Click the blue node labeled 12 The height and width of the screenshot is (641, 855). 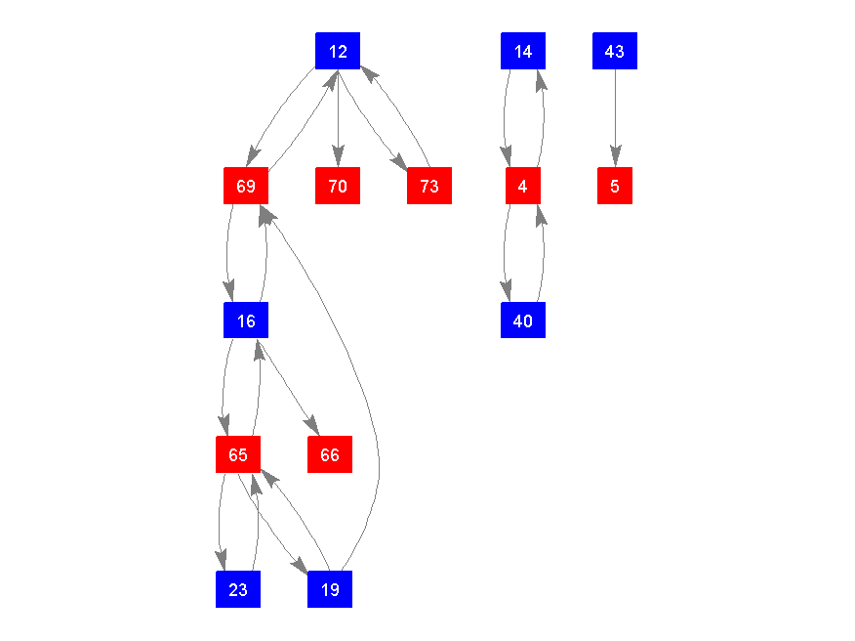tap(338, 51)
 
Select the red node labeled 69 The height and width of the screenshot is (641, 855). tap(246, 186)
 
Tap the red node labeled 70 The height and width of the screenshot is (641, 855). tap(338, 186)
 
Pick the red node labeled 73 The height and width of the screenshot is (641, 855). tap(429, 186)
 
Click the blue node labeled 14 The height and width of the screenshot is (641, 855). tap(523, 51)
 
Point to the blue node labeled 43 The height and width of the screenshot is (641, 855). tap(615, 51)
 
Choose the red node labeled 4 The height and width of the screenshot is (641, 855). tap(523, 186)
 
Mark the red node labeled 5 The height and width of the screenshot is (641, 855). tap(615, 186)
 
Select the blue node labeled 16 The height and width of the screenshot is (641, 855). tap(246, 320)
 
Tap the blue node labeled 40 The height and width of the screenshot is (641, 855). tap(523, 320)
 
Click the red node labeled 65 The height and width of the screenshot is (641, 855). tap(238, 454)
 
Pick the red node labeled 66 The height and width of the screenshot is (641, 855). tap(330, 454)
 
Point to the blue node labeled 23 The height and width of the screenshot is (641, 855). tap(238, 589)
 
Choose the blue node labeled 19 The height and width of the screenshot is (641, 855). tap(330, 589)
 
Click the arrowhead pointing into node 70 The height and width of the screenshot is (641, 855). tap(338, 157)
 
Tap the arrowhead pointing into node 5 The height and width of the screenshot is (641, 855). tap(615, 157)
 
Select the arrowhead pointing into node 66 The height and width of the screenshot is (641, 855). tap(312, 427)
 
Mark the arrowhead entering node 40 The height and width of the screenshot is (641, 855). tap(507, 292)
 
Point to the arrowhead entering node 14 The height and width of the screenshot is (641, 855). tap(540, 79)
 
